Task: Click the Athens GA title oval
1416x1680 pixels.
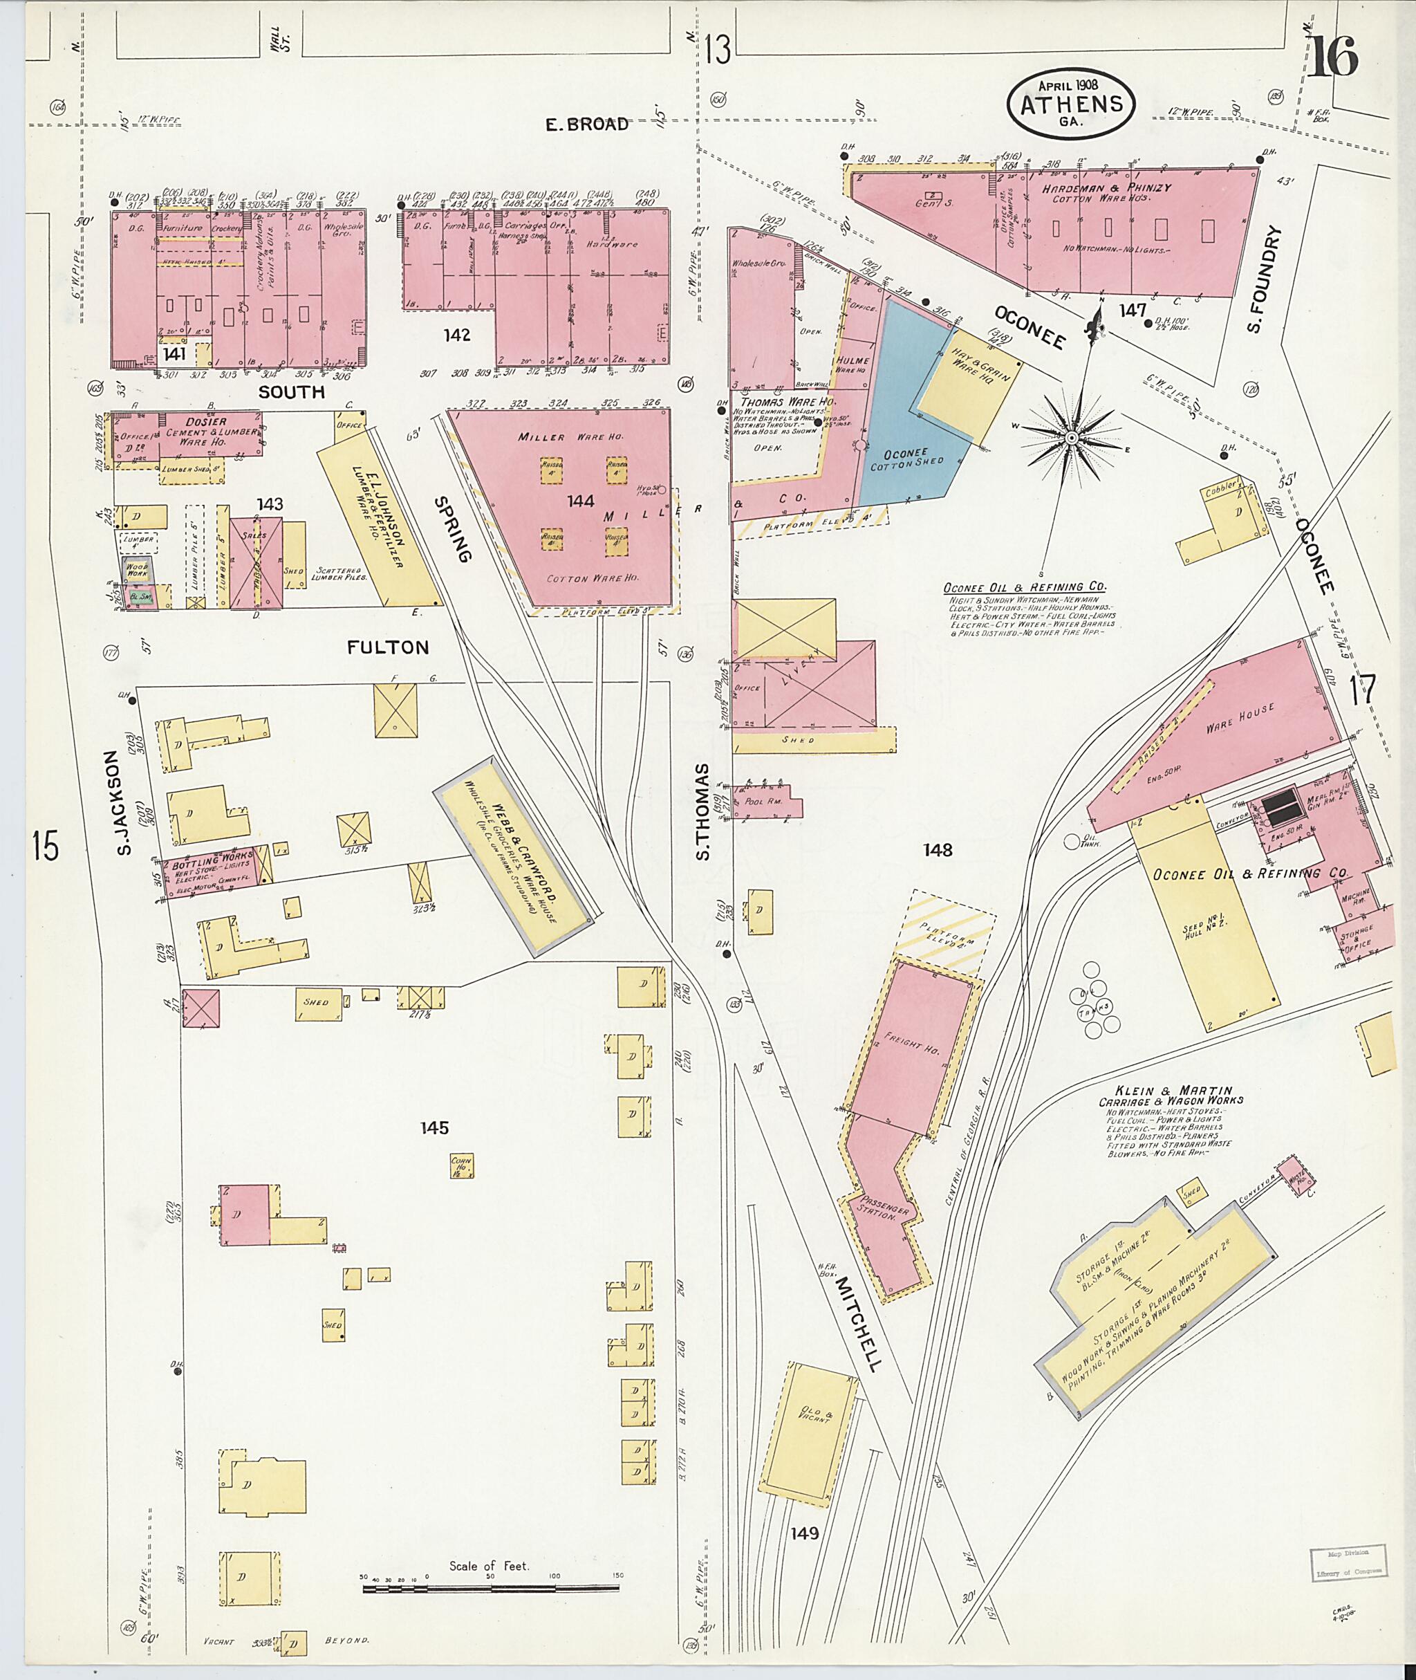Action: (1071, 102)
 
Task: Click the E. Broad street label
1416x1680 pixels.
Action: (587, 124)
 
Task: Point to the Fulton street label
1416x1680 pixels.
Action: (388, 647)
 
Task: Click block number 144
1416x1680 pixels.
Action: (580, 501)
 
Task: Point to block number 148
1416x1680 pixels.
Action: (937, 849)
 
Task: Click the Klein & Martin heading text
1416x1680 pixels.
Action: (1171, 1091)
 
